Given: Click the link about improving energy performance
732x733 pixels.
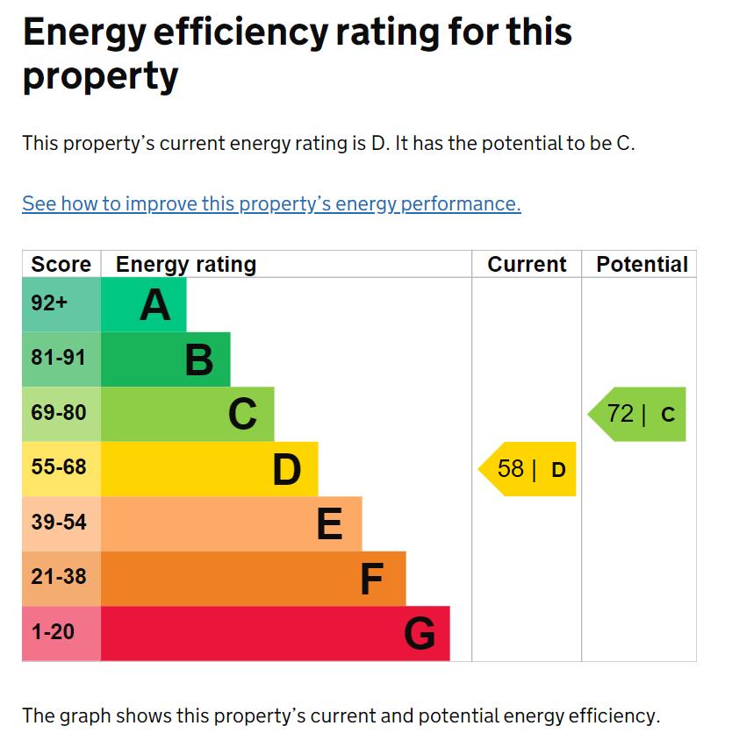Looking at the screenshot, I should pyautogui.click(x=271, y=203).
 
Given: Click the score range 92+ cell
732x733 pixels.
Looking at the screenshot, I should pyautogui.click(x=49, y=303).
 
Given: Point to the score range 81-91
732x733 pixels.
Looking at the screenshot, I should pyautogui.click(x=58, y=359).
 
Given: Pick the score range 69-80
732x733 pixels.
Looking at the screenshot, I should pyautogui.click(x=58, y=413).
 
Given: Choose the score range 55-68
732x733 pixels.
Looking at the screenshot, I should pyautogui.click(x=58, y=467).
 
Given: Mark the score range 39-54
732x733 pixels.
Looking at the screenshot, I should pyautogui.click(x=58, y=523).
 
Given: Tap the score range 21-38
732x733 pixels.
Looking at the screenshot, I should pyautogui.click(x=58, y=577).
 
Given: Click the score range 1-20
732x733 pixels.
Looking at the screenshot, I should pyautogui.click(x=53, y=631).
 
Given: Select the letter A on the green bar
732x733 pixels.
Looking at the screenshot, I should pyautogui.click(x=154, y=305).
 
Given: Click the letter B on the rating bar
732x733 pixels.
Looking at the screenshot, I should pyautogui.click(x=199, y=359).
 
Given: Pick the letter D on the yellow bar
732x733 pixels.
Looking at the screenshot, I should pyautogui.click(x=286, y=469).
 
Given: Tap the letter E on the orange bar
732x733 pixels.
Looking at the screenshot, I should pyautogui.click(x=329, y=524).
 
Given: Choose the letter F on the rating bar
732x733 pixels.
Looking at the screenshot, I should pyautogui.click(x=372, y=579).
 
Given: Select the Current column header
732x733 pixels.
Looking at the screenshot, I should pyautogui.click(x=527, y=265).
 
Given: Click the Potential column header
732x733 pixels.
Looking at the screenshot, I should pyautogui.click(x=642, y=265).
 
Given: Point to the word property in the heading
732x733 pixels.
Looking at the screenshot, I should pyautogui.click(x=100, y=76).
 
